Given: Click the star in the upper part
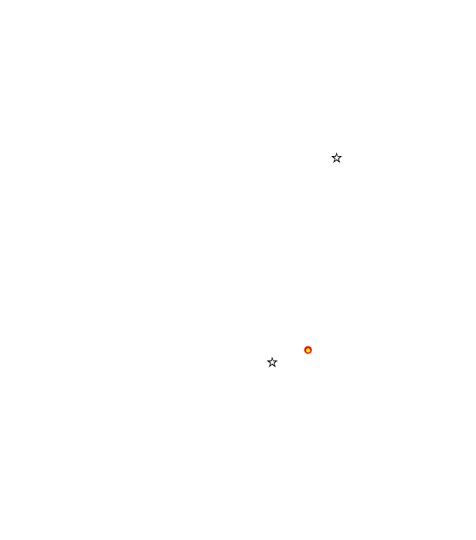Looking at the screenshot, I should tap(336, 158).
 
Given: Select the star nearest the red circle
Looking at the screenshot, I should tap(272, 363).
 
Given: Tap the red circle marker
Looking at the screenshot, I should tap(308, 350).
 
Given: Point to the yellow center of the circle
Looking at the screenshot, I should tap(308, 350).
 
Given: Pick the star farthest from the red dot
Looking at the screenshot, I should tap(336, 158).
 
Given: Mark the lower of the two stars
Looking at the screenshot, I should tap(272, 363).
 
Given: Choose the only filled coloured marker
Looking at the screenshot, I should tap(308, 350).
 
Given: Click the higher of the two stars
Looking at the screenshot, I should tap(336, 158).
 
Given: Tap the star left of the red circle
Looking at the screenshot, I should tap(272, 363).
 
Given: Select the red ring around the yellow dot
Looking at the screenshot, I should tap(308, 350).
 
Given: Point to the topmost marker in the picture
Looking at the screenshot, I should tap(336, 158).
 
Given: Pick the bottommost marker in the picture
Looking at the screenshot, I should tap(272, 363).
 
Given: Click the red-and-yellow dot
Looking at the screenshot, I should tap(308, 350).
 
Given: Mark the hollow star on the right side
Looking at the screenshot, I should tap(336, 158).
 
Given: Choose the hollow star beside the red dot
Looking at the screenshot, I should tap(272, 363).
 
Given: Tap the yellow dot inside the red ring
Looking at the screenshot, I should tap(308, 350).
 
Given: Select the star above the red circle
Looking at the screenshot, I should tap(336, 158).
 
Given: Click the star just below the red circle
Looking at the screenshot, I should tap(272, 363).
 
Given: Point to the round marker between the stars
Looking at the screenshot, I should tap(308, 350).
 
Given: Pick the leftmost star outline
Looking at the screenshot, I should tap(272, 363).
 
